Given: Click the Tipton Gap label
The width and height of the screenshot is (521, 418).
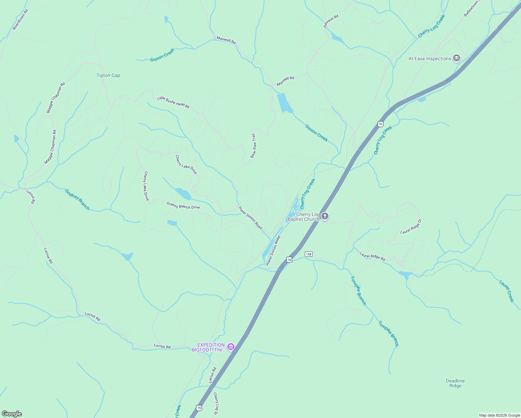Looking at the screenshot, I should [x=108, y=76].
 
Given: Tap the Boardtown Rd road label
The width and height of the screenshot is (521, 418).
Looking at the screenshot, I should [x=20, y=20].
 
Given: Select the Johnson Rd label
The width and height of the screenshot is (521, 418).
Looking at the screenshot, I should [x=331, y=22].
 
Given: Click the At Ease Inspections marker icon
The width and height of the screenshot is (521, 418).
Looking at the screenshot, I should [x=457, y=59].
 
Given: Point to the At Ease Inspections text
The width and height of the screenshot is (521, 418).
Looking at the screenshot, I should [x=430, y=59].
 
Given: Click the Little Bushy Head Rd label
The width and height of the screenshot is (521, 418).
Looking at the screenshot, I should [x=173, y=102].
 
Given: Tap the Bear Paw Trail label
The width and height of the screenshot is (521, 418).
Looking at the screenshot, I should [x=254, y=146].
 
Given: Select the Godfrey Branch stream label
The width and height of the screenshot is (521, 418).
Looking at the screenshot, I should [x=77, y=200].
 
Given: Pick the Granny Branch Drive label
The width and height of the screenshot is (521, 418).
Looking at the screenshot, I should [x=183, y=206].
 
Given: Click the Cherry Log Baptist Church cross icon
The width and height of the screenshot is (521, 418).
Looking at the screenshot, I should [x=325, y=217].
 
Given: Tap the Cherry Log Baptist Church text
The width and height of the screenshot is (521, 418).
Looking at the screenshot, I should [x=303, y=217].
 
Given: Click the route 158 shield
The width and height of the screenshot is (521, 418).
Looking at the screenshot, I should [x=309, y=254].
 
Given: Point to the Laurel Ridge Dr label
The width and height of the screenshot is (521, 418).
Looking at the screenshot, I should [x=411, y=226].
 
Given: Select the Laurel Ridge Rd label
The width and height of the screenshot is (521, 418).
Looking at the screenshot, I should [x=373, y=256].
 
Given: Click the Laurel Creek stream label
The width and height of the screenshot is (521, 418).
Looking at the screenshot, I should [x=506, y=291].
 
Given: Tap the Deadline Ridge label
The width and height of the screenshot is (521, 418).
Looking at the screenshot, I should [x=455, y=383].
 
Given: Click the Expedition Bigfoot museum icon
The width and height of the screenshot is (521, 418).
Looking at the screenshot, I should [x=231, y=347].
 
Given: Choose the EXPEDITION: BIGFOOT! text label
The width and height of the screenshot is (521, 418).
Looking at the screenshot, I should [x=209, y=347].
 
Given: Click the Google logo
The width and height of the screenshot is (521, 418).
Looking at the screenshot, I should [x=12, y=414].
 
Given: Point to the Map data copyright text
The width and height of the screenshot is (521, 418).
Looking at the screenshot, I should [x=499, y=415].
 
